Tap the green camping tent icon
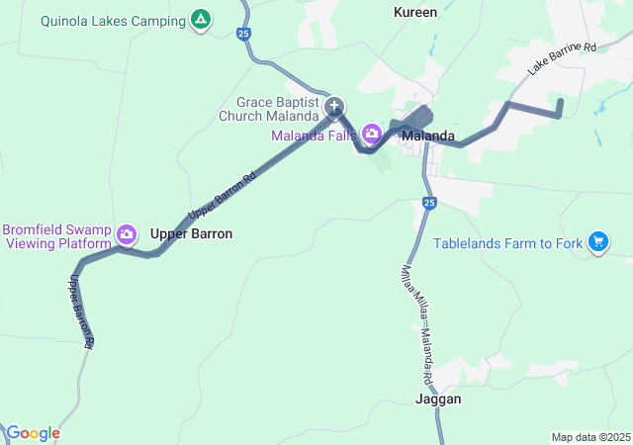point(201,19)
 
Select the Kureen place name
point(415,12)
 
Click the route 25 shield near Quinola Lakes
point(244,34)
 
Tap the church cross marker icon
point(334,107)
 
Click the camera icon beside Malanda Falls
point(371,133)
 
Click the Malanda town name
point(428,135)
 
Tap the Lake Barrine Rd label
point(562,59)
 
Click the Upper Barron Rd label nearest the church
point(222,196)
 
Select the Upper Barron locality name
point(191,234)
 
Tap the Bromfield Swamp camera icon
point(127,234)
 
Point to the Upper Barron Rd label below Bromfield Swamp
point(81,311)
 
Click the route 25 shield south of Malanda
point(428,203)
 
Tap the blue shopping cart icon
point(597,241)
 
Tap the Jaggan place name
point(438,400)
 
